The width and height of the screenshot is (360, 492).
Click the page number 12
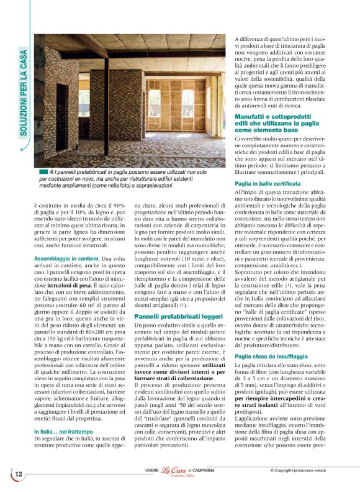pyautogui.click(x=18, y=474)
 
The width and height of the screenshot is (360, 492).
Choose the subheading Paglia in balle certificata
pyautogui.click(x=268, y=184)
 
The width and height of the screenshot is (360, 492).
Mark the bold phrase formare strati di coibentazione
pyautogui.click(x=170, y=360)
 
